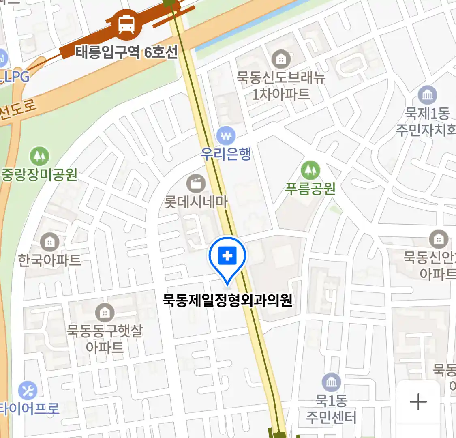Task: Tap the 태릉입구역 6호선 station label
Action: (x=126, y=52)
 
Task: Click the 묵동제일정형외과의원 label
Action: (x=227, y=301)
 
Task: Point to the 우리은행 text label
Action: (x=226, y=154)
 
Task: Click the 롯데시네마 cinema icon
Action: (x=196, y=184)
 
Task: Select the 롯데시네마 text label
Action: (x=196, y=202)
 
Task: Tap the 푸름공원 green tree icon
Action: (x=310, y=170)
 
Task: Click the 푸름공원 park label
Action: (x=310, y=189)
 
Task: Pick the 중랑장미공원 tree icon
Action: (x=39, y=156)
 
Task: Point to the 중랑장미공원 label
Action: (x=39, y=175)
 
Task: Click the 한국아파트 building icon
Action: (x=49, y=243)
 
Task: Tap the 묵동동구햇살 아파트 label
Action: (x=105, y=339)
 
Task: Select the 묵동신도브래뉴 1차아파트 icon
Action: (x=280, y=60)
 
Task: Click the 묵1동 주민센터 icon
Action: (x=331, y=382)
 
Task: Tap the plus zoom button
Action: (x=418, y=402)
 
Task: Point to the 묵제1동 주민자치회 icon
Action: (x=427, y=96)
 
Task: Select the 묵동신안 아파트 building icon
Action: (x=438, y=239)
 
